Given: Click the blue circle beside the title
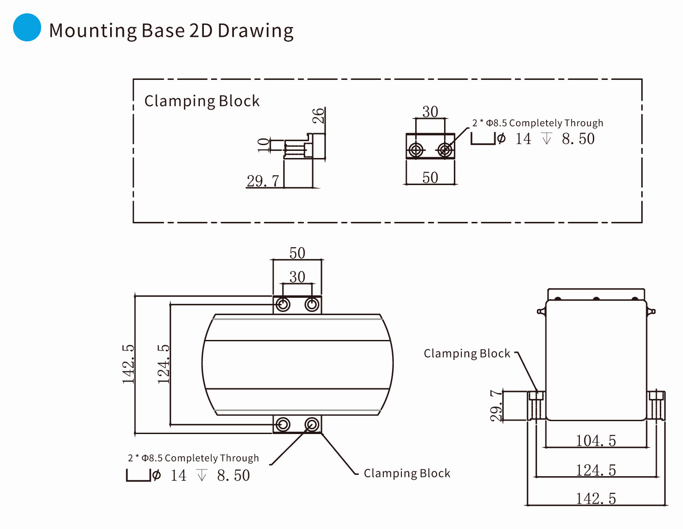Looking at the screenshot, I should pyautogui.click(x=27, y=28).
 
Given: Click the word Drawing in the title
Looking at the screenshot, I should pyautogui.click(x=255, y=31).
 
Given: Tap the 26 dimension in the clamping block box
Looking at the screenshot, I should pyautogui.click(x=318, y=116).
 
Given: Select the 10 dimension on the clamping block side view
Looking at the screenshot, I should pyautogui.click(x=264, y=145).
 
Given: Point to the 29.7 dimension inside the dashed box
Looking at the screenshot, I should pyautogui.click(x=263, y=181).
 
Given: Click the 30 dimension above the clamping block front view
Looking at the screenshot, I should pyautogui.click(x=430, y=111).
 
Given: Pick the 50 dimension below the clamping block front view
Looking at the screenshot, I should pyautogui.click(x=430, y=178).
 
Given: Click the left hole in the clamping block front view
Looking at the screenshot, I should pyautogui.click(x=416, y=150).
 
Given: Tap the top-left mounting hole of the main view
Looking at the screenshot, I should pyautogui.click(x=283, y=304).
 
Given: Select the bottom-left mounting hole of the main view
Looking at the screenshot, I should pyautogui.click(x=283, y=424).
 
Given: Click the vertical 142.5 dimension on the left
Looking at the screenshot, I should pyautogui.click(x=128, y=363).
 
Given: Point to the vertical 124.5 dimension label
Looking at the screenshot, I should pyautogui.click(x=163, y=363).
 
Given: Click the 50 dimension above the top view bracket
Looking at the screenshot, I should pyautogui.click(x=297, y=253).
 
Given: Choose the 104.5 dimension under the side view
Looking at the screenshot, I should pyautogui.click(x=596, y=441).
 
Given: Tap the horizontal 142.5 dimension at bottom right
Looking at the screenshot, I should pyautogui.click(x=596, y=498).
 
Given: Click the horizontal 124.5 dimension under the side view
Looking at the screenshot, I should pyautogui.click(x=596, y=470).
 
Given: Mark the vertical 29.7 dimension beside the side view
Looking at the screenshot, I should pyautogui.click(x=496, y=406).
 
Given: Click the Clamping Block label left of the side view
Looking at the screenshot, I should pyautogui.click(x=467, y=353).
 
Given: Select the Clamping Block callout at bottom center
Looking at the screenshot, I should pyautogui.click(x=407, y=474).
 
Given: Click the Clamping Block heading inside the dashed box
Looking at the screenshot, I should pyautogui.click(x=202, y=101).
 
